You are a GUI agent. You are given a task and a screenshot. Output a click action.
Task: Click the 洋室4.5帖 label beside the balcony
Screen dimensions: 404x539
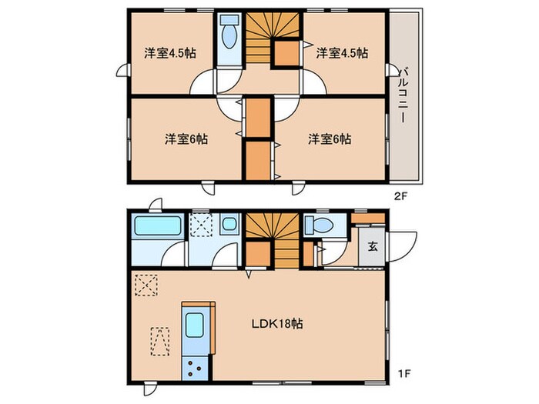click(341, 53)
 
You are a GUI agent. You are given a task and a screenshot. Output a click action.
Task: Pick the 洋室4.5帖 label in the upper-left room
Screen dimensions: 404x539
click(169, 53)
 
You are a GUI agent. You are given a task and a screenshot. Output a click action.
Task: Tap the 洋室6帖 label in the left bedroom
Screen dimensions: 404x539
click(186, 139)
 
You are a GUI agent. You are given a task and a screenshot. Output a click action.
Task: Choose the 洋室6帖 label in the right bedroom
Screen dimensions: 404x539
click(330, 139)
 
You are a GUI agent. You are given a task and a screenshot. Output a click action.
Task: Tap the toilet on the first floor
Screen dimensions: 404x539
click(319, 225)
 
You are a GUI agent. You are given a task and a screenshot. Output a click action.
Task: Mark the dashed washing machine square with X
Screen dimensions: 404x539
click(203, 225)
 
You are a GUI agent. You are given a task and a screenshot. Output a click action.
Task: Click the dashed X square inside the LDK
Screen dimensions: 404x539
click(145, 285)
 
